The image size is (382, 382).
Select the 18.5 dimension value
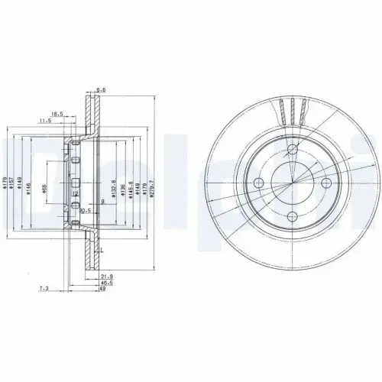[56, 110]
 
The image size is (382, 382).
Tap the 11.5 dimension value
[45, 121]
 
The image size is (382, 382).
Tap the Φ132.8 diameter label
[113, 185]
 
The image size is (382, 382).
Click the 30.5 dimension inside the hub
[86, 210]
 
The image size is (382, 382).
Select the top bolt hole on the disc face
[293, 148]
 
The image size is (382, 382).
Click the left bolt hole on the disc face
[258, 183]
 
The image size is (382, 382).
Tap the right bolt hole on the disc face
[327, 183]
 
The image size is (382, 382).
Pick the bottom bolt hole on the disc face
[293, 218]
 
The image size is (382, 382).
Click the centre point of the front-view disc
[293, 183]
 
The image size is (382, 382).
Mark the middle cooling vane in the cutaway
[293, 111]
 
